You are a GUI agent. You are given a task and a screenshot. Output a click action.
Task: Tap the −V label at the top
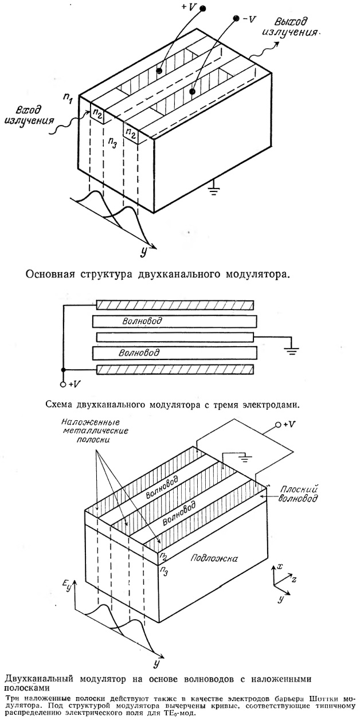(x=249, y=19)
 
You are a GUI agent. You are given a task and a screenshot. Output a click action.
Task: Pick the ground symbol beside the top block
(x=214, y=189)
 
